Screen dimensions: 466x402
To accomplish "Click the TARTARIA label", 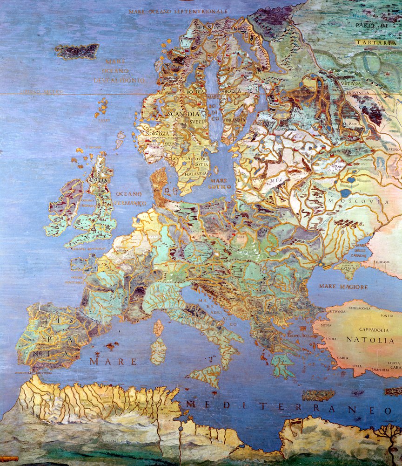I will [376, 42].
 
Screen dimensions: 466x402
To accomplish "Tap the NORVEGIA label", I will [158, 133].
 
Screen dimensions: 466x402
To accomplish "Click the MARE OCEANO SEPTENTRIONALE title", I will [178, 11].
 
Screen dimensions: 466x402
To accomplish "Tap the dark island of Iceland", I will [77, 51].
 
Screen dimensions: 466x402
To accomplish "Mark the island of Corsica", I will [158, 327].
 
